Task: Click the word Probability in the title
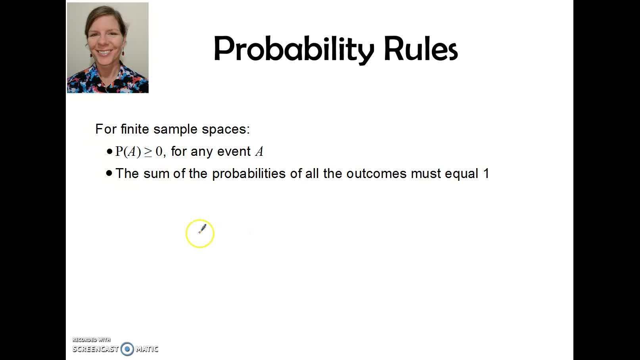coord(294,50)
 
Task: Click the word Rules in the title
coord(421,48)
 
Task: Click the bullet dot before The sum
coord(109,173)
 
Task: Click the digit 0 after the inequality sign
coord(159,151)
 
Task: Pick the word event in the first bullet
coord(234,151)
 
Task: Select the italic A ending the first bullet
coord(259,151)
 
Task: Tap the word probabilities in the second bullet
coord(249,174)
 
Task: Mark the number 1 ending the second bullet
coord(486,174)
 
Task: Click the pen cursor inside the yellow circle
coord(202,229)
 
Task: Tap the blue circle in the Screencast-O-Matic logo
coord(127,349)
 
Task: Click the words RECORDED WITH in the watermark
coord(91,339)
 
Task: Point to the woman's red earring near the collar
coord(123,53)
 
